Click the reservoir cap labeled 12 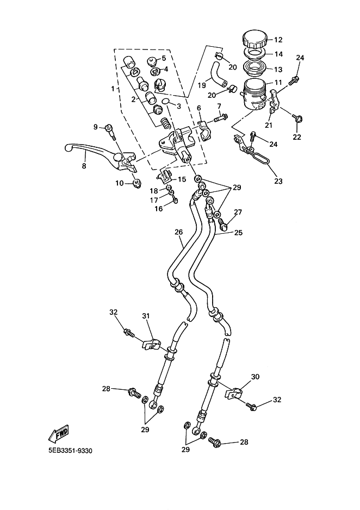pyautogui.click(x=255, y=40)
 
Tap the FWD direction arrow pyautogui.click(x=58, y=433)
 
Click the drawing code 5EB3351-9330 pyautogui.click(x=66, y=451)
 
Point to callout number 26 pyautogui.click(x=178, y=232)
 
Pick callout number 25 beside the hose pyautogui.click(x=238, y=232)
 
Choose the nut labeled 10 pyautogui.click(x=136, y=184)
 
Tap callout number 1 pyautogui.click(x=113, y=88)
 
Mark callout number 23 pyautogui.click(x=278, y=182)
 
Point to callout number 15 pyautogui.click(x=182, y=179)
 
